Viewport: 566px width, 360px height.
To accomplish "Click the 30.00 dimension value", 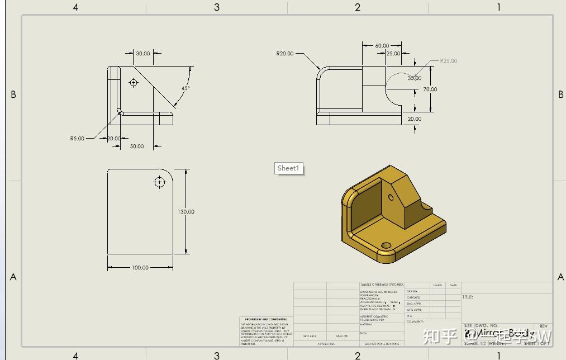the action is pos(143,54).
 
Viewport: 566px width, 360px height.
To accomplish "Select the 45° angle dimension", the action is pos(185,88).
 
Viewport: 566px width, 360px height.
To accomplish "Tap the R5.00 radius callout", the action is pos(77,138).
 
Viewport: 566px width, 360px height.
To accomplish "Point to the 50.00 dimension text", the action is pos(137,146).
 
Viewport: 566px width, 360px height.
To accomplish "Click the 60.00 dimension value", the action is pos(382,46).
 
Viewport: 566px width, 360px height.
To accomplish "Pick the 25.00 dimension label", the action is pos(393,54).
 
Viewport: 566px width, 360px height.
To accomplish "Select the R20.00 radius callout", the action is pos(284,54).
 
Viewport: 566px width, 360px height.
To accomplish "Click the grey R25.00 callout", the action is pos(448,61).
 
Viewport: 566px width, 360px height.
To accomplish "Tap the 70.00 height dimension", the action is pos(430,89).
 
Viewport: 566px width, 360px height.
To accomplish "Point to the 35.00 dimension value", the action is pos(414,78).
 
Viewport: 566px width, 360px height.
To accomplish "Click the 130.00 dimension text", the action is pos(186,212).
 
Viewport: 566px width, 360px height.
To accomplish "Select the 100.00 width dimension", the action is pos(140,268).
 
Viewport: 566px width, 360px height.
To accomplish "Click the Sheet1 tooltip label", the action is pos(289,168).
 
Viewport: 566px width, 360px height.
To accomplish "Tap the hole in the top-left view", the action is pos(133,83).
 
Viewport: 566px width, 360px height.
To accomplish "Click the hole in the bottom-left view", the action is pos(160,182).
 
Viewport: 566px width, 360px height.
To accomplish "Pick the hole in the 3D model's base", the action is pos(386,245).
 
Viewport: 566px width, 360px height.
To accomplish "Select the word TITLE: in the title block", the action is pos(468,297).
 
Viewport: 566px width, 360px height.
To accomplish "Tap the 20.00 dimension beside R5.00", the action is pos(113,138).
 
